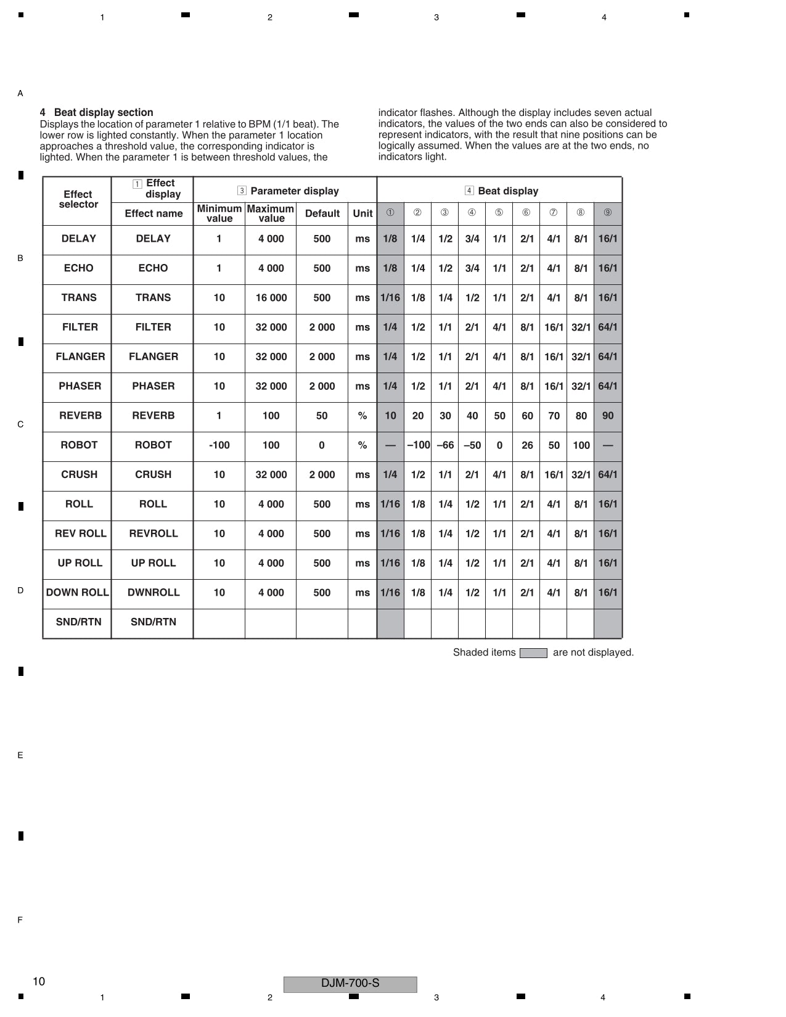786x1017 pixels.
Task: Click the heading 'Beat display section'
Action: pos(103,112)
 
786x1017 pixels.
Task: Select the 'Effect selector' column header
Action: pos(78,199)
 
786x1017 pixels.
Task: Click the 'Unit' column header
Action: pos(362,213)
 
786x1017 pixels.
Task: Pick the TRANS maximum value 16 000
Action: pos(271,298)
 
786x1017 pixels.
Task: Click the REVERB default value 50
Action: pos(322,416)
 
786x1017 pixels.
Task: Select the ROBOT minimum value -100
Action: pos(219,445)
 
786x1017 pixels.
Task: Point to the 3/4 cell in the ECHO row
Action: pos(472,268)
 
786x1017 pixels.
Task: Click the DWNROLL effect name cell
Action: pos(154,593)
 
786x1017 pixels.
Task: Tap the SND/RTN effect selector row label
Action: pos(78,622)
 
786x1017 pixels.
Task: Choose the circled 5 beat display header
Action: pos(499,213)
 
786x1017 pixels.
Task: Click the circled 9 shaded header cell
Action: pos(608,213)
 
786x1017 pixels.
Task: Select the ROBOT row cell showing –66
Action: pos(445,445)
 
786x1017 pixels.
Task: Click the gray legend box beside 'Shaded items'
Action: pos(533,653)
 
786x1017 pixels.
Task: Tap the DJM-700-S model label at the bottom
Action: pos(350,984)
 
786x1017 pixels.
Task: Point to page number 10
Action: pos(39,982)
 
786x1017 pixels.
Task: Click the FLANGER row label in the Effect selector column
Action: pos(80,356)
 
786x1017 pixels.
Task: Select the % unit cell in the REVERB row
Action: pos(362,416)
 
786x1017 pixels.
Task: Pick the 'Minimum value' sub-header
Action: pos(219,213)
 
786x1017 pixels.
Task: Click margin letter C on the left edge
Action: pos(20,424)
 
